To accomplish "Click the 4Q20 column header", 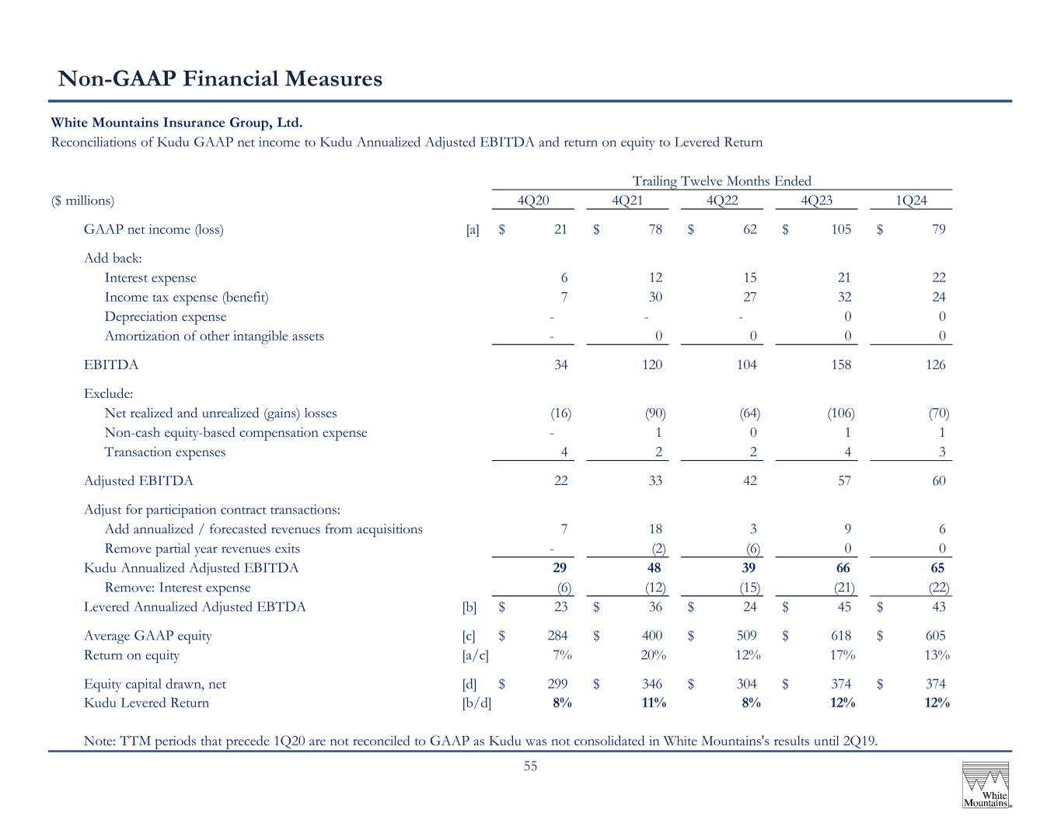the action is click(x=532, y=200).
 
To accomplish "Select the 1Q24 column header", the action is click(x=911, y=200).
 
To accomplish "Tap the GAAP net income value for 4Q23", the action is click(x=841, y=229).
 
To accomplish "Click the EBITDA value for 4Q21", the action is click(x=652, y=365).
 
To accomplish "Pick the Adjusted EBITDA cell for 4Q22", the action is click(x=749, y=481).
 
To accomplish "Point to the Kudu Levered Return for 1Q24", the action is click(x=937, y=703).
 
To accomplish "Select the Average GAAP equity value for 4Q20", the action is click(x=557, y=635).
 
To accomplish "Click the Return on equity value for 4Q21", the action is click(x=653, y=654).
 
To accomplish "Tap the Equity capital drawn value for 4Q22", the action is click(x=746, y=683).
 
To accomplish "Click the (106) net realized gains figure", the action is click(x=841, y=413).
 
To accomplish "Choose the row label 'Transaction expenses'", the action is click(x=165, y=452).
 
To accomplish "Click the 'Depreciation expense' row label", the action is click(x=166, y=316).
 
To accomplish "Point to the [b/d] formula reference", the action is click(x=476, y=703).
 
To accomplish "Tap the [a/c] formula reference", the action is click(x=475, y=655).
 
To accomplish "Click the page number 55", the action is click(x=530, y=766).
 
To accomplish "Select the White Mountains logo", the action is click(x=986, y=784).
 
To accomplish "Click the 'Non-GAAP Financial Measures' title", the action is click(x=220, y=79).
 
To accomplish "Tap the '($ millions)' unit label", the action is click(x=82, y=201).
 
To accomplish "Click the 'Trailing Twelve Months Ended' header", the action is click(x=721, y=181).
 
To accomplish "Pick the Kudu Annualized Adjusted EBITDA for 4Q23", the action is click(x=843, y=567).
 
